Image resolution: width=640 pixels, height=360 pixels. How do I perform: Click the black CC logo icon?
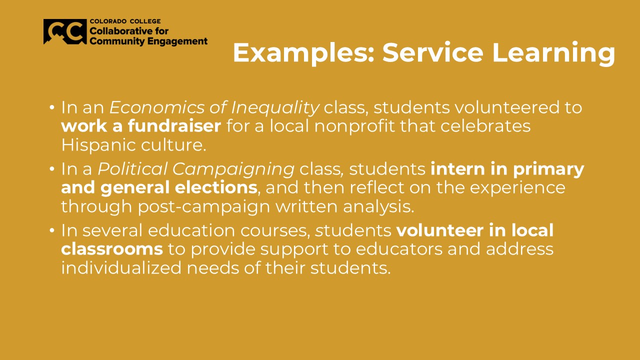pos(65,31)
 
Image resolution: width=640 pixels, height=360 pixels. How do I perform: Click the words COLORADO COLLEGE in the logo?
pos(125,21)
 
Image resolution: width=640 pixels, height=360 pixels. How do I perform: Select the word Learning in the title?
pos(553,53)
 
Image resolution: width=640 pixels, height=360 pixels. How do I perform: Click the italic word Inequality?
pos(275,108)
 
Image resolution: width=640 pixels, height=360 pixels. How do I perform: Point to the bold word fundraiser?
pos(174,126)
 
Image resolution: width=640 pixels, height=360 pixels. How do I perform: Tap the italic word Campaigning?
pos(233,169)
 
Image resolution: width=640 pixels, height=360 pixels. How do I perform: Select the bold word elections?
pos(216,187)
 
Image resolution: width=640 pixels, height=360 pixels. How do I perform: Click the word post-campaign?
pos(204,207)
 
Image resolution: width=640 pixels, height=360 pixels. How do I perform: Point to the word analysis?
pos(378,206)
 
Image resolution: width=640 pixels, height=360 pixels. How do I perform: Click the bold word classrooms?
pos(112,249)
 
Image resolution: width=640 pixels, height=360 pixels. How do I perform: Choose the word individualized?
pos(121,267)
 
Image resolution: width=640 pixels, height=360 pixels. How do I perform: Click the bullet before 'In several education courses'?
pos(51,230)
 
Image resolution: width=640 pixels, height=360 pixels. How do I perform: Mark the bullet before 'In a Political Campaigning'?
pos(51,169)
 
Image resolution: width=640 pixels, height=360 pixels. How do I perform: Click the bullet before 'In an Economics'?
pos(51,107)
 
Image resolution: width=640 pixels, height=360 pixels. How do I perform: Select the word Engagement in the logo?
pos(177,41)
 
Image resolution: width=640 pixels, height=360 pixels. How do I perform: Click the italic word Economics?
pos(157,108)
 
